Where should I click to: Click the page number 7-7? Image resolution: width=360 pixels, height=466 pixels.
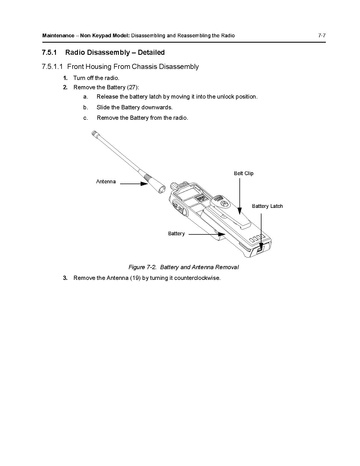[322, 35]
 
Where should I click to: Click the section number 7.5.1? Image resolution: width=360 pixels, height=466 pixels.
[49, 52]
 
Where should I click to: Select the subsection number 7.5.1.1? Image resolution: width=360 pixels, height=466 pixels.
[52, 66]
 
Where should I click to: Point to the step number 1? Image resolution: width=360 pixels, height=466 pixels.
[65, 78]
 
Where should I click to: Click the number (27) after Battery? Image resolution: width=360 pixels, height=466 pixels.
[132, 87]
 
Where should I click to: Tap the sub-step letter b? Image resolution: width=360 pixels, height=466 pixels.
[86, 107]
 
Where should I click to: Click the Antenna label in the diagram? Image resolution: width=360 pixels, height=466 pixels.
[106, 181]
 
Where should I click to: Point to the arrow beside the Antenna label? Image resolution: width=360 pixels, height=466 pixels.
[134, 183]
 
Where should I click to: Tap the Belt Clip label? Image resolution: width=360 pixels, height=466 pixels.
[244, 173]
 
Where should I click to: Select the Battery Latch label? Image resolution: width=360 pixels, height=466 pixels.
[267, 206]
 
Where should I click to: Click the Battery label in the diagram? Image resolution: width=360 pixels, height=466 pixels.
[176, 233]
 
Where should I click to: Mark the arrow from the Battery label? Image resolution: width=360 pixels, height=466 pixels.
[207, 234]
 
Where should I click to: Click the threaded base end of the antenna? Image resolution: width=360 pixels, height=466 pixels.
[161, 189]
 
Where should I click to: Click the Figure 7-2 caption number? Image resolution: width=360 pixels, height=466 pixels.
[142, 267]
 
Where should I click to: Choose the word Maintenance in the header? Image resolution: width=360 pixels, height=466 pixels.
[58, 35]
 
